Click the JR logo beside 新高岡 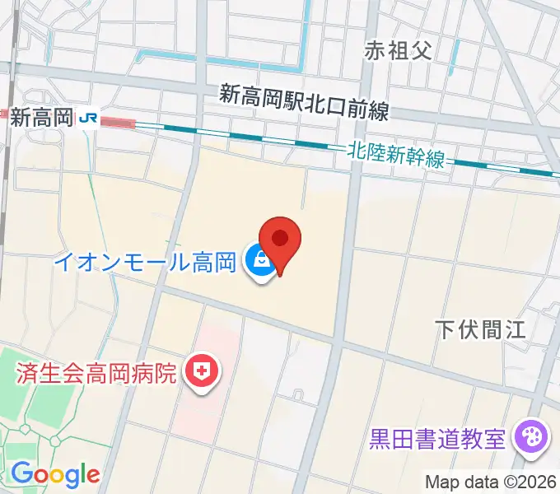click(x=88, y=119)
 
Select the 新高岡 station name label click(x=42, y=119)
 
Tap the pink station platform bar click(x=118, y=123)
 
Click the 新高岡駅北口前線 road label click(x=304, y=103)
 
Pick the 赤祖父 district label click(x=399, y=51)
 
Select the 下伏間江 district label click(x=479, y=330)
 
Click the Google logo click(x=55, y=474)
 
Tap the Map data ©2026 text click(x=491, y=482)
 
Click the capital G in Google click(x=21, y=473)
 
